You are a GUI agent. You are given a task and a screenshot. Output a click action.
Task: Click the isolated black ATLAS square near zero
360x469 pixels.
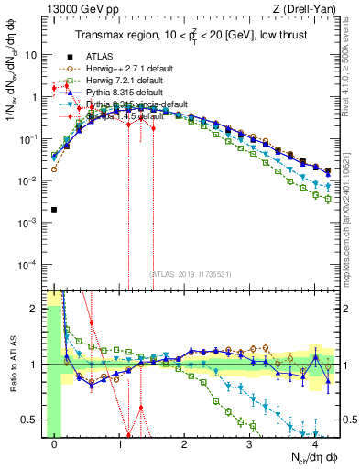pos(55,210)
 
